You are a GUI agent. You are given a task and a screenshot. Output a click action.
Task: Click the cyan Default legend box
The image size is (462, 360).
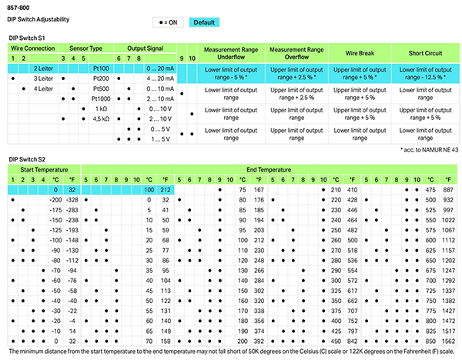point(204,22)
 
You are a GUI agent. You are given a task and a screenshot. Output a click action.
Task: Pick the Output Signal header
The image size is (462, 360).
point(146,48)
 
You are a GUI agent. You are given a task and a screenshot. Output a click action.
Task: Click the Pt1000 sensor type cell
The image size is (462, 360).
point(100,98)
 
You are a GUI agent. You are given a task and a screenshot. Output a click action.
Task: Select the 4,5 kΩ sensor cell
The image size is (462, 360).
point(100,118)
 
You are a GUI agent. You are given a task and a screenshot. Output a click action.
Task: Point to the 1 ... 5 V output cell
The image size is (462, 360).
point(159,138)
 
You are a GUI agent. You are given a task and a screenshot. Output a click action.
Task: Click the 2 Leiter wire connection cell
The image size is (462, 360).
point(42,68)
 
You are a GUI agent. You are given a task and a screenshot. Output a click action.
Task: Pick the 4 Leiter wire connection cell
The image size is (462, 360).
point(42,88)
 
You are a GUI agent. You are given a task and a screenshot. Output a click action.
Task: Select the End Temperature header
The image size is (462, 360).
point(269,169)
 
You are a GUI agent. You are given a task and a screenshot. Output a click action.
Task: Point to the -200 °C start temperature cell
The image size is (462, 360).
point(54,198)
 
